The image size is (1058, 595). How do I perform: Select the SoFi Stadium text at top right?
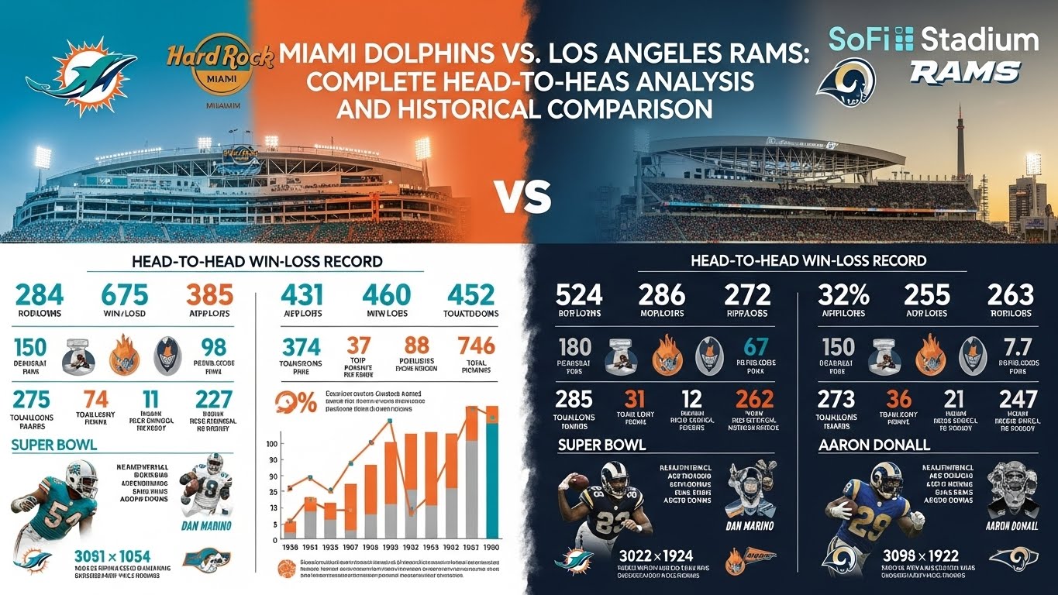click(933, 40)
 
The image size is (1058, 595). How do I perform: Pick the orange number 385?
click(209, 296)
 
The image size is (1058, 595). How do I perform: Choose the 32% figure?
click(843, 295)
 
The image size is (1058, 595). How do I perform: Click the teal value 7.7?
click(1015, 346)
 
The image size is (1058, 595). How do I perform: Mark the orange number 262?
click(750, 399)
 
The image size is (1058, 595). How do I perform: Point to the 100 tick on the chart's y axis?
click(271, 444)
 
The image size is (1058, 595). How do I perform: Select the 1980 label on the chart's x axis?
click(491, 547)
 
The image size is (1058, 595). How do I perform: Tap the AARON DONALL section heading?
click(874, 445)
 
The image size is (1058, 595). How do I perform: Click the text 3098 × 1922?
click(920, 556)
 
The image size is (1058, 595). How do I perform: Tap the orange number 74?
click(95, 400)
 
